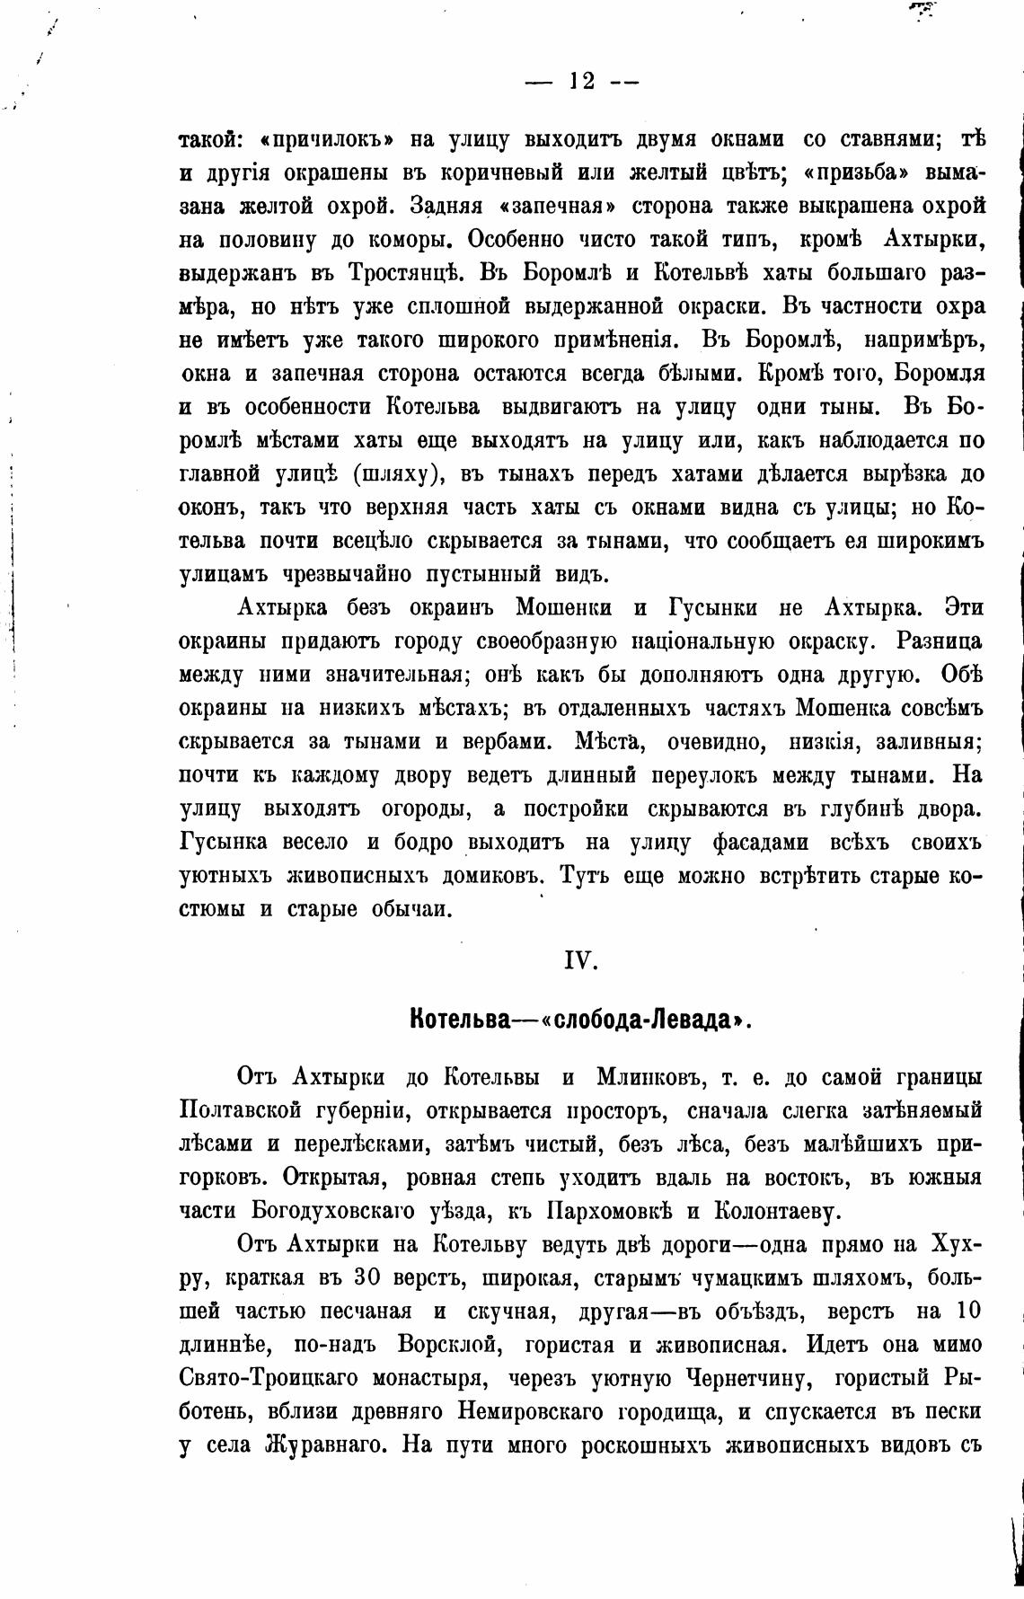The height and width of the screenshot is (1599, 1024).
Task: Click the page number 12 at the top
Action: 581,80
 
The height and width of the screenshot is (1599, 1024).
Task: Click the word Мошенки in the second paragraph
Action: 564,607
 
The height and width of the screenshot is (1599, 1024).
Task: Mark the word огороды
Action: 422,808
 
